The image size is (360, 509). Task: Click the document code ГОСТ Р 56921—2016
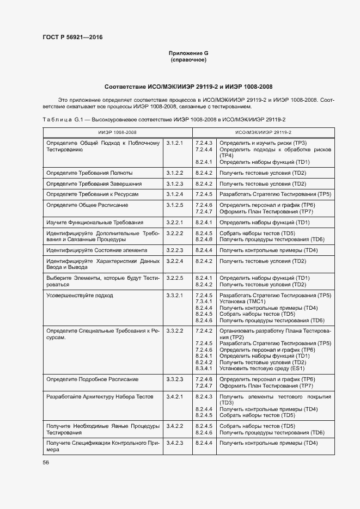(x=72, y=38)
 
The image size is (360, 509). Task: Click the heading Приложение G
(x=188, y=53)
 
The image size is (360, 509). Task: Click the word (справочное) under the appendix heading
(x=188, y=59)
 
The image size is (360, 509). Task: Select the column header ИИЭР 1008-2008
(x=117, y=132)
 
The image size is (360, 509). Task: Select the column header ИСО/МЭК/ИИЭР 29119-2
(x=263, y=132)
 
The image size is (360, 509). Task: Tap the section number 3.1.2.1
(x=175, y=143)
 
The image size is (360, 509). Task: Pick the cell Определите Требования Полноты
(x=89, y=173)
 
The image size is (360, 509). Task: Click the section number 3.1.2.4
(x=175, y=194)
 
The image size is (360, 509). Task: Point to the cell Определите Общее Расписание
(x=87, y=205)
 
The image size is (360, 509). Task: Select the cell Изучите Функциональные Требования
(x=95, y=223)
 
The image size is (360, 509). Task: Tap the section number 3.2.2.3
(x=175, y=250)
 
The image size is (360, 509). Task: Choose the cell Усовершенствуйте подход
(x=80, y=296)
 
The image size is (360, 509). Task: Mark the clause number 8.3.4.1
(x=203, y=369)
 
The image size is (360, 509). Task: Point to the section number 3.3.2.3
(x=175, y=379)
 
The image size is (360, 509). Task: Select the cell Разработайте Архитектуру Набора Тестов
(x=100, y=397)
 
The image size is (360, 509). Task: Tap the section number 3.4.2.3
(x=175, y=444)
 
